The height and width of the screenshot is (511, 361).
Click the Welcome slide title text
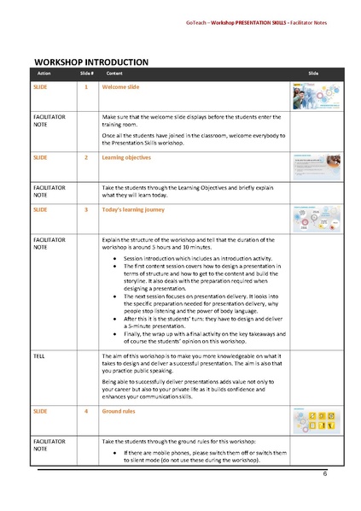tap(119, 87)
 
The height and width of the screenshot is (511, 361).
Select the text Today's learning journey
tap(133, 209)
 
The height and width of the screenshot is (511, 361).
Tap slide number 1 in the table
tap(86, 87)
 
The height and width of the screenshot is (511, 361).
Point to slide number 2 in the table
tap(86, 158)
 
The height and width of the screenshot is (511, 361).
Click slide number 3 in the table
tap(86, 209)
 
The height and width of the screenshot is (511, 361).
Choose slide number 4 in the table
tap(86, 412)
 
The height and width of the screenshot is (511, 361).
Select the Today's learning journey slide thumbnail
tap(317, 219)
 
